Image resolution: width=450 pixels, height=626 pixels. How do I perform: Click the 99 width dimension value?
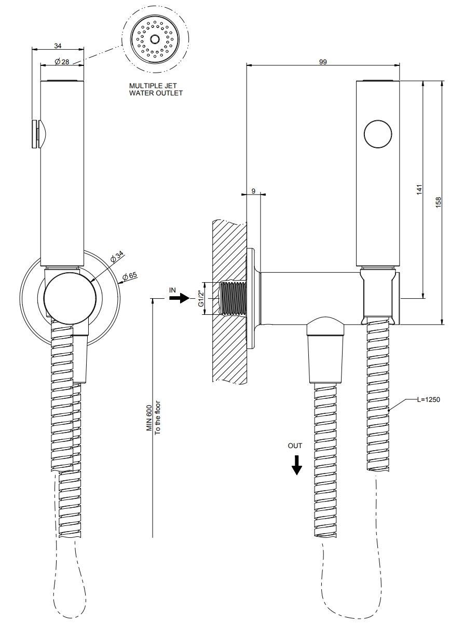pyautogui.click(x=323, y=61)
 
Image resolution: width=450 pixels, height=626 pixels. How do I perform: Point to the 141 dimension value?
pyautogui.click(x=419, y=189)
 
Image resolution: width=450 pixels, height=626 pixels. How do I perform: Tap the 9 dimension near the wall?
pyautogui.click(x=253, y=191)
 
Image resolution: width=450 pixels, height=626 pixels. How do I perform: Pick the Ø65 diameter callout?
pyautogui.click(x=129, y=275)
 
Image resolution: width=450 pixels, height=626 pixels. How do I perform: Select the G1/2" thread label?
pyautogui.click(x=201, y=298)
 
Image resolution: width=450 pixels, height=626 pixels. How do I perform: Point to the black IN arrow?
pyautogui.click(x=178, y=299)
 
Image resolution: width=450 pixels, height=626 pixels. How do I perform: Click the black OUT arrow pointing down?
pyautogui.click(x=296, y=465)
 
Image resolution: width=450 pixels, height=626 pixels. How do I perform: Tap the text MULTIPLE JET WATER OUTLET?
pyautogui.click(x=156, y=90)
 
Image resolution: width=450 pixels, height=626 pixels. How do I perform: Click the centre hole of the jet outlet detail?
pyautogui.click(x=154, y=39)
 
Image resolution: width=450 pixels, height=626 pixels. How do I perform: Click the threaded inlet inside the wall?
pyautogui.click(x=233, y=298)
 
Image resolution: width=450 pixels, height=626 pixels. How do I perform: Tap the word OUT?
pyautogui.click(x=295, y=446)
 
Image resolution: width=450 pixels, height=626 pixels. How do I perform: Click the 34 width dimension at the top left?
pyautogui.click(x=58, y=46)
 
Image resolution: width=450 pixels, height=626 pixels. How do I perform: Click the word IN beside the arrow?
pyautogui.click(x=172, y=289)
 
